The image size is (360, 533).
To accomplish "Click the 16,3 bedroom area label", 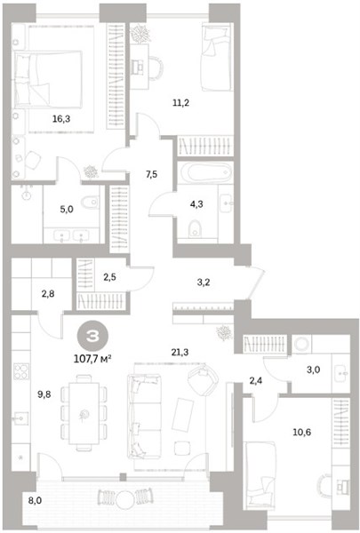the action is coord(61,119).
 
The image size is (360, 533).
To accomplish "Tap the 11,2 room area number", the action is coord(180,102).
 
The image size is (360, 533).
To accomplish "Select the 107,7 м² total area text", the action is coord(92,358).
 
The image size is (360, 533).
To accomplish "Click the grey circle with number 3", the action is coord(92,336).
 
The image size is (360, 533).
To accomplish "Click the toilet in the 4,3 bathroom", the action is coord(195,228).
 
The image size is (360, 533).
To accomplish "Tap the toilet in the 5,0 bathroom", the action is coord(90,203).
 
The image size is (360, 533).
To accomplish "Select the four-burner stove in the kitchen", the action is coord(21,371).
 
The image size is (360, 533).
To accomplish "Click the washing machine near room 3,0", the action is coord(301,344).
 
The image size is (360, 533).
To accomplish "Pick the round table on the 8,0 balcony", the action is coord(124,498).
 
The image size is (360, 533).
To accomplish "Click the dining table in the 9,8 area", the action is coord(84,413).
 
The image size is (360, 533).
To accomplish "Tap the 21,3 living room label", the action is coord(180,353).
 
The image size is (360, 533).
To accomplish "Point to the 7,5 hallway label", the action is coord(151,174).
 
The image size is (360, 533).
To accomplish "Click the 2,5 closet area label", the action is coord(109,277).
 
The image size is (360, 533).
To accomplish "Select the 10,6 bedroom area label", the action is coord(302,433).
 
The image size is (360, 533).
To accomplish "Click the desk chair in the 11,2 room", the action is coord(156,68).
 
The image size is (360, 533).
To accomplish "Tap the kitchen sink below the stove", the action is coord(20,418).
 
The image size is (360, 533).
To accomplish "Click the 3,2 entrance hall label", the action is coord(204,282).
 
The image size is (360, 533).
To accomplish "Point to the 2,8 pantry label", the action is coord(48,293).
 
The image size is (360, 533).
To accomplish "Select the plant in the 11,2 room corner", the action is coord(140,34).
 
